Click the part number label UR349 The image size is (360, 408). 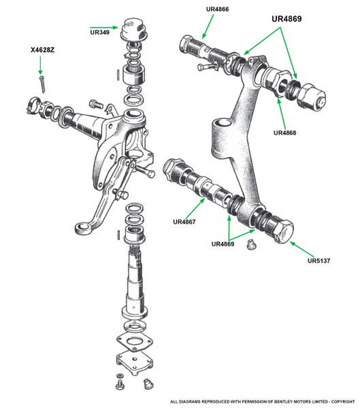[99, 32]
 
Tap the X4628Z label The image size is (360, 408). [42, 50]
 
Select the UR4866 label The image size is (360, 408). [217, 9]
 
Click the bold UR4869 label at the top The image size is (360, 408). [287, 19]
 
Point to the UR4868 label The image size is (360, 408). [284, 133]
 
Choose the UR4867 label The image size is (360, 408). [184, 222]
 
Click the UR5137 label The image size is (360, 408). [318, 260]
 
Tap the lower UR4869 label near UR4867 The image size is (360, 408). [223, 244]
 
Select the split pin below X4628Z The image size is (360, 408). [42, 84]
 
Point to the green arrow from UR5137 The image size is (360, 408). [302, 249]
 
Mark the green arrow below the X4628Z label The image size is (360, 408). [40, 65]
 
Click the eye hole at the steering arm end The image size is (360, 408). [82, 227]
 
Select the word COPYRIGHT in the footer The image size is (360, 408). [343, 401]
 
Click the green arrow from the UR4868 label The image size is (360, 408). [282, 114]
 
